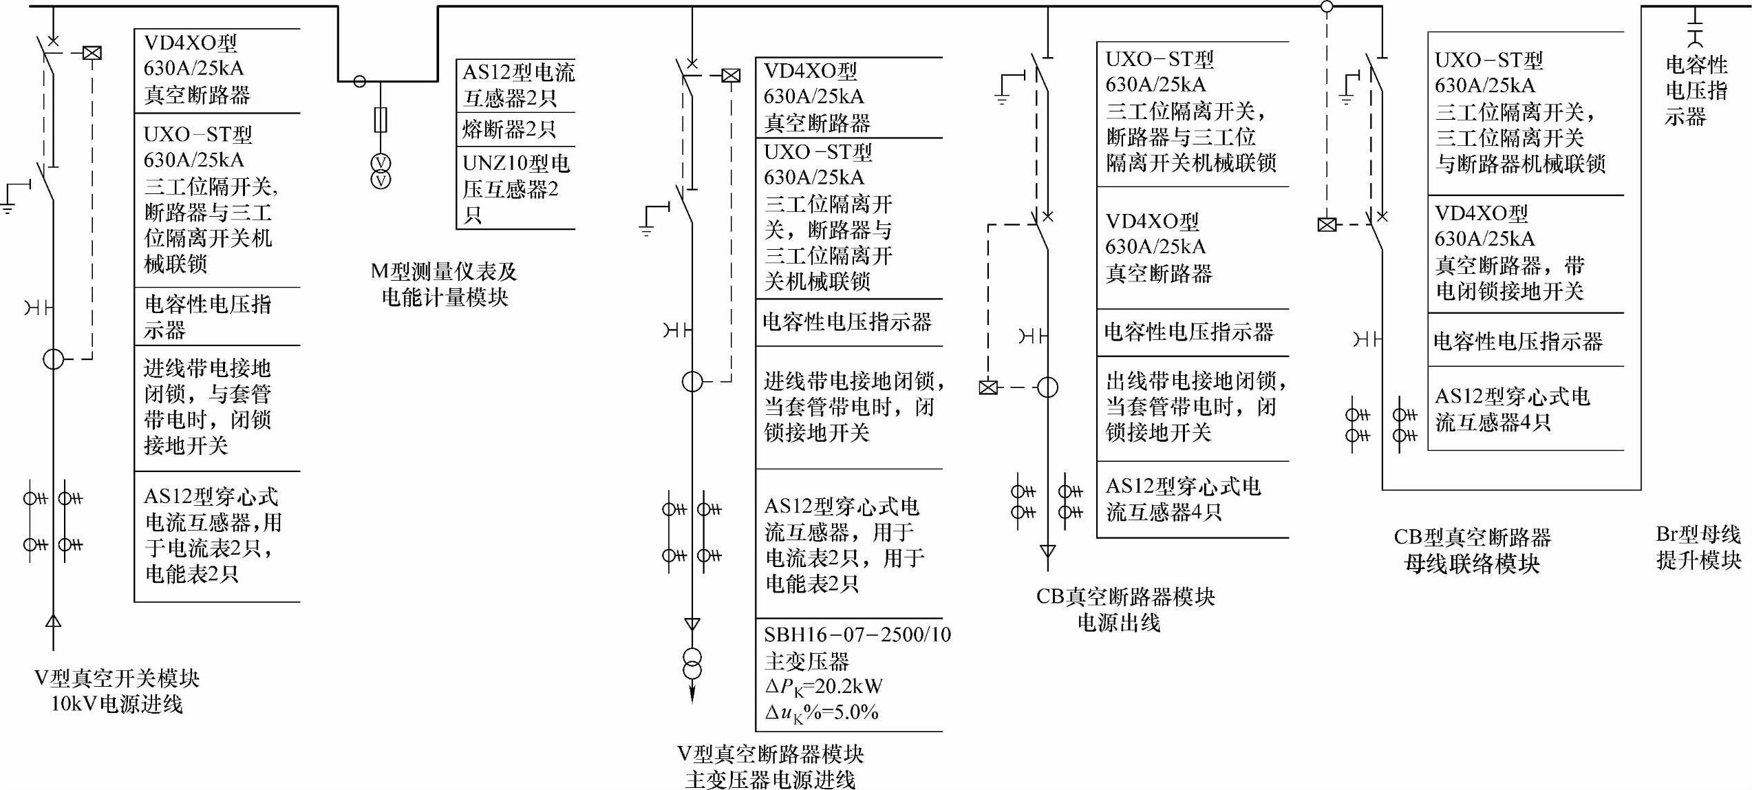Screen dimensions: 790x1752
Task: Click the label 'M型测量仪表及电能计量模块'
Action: [444, 284]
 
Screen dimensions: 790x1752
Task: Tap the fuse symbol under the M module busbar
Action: [381, 120]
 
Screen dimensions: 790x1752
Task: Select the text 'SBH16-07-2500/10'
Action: [857, 634]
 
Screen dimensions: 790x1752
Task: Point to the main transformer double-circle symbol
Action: [692, 663]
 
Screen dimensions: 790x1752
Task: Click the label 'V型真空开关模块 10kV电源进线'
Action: [117, 691]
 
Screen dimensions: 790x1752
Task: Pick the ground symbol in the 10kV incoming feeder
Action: [8, 205]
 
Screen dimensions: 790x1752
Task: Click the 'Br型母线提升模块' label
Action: [1698, 547]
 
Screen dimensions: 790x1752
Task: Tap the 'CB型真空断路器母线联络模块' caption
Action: [1472, 551]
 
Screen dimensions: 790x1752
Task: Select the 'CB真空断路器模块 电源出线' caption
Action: [1125, 609]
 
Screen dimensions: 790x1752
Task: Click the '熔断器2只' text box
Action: [509, 129]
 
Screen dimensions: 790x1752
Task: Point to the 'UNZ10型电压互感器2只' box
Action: [516, 188]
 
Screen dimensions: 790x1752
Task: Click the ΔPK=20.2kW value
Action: [823, 687]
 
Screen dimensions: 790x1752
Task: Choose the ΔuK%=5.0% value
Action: [821, 712]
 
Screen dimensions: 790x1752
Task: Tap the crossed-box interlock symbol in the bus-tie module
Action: [1327, 224]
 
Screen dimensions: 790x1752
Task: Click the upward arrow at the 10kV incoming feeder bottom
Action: [53, 621]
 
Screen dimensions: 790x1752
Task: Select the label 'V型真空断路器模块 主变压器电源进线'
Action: [770, 767]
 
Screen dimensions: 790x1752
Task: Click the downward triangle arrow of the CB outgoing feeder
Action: [1047, 551]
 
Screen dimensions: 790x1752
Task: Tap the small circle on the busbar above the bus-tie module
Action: [1327, 7]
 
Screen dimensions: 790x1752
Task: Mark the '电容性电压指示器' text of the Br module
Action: [1696, 91]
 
